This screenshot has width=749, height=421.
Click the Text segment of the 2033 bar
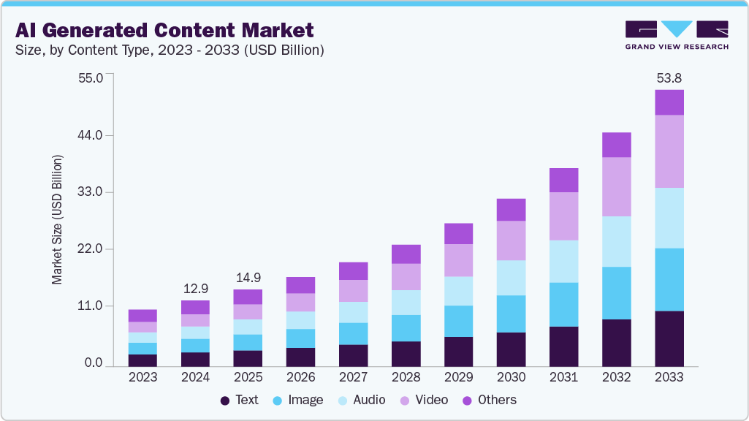669,338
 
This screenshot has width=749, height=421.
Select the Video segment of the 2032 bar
616,186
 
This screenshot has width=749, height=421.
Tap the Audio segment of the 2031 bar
563,261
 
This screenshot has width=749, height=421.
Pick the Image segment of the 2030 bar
511,314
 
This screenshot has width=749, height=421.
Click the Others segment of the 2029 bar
458,233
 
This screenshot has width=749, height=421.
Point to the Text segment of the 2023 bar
142,360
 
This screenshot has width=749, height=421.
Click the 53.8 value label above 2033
669,77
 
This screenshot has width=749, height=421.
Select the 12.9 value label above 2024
195,288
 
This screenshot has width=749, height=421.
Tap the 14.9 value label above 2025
248,277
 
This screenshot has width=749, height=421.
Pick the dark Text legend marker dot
225,401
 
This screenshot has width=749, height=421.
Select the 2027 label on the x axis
353,377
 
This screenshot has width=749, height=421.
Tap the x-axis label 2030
511,377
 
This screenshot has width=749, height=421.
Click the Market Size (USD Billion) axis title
58,219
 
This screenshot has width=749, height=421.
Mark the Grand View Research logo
677,35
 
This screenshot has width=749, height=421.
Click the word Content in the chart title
198,30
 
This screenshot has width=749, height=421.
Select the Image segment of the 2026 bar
300,338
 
